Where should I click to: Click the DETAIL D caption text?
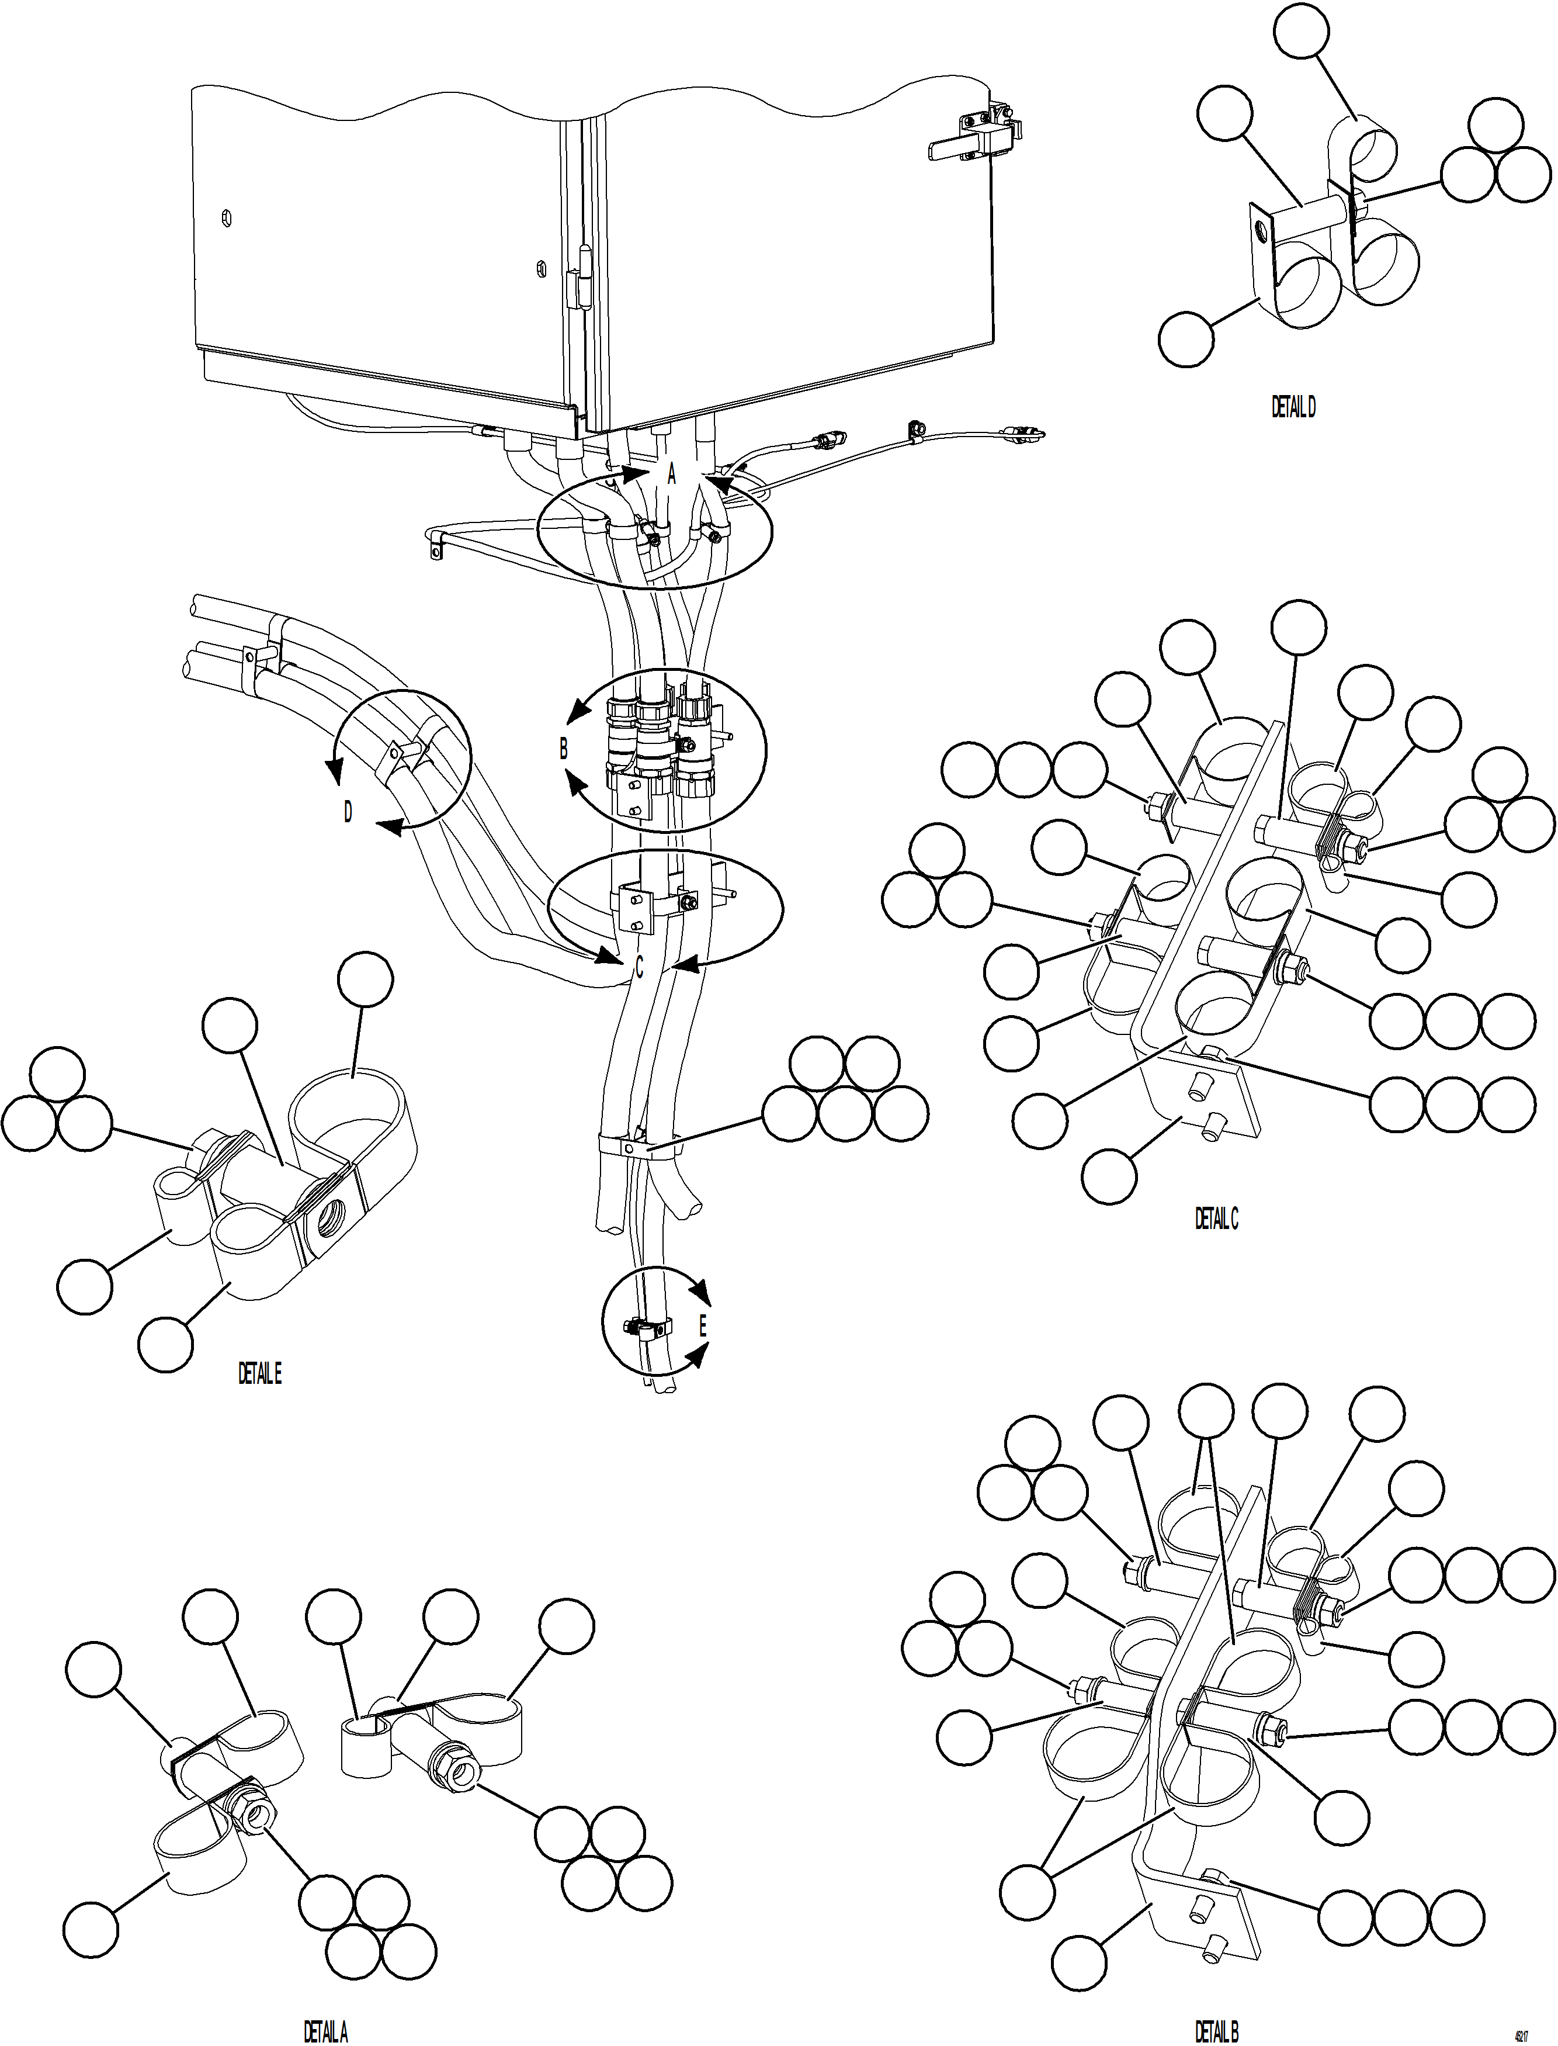click(1293, 407)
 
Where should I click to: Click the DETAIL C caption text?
click(1216, 1218)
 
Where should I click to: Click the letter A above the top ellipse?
click(672, 475)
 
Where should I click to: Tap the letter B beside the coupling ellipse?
click(563, 749)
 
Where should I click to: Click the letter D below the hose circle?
click(348, 812)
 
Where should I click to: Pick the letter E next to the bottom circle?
click(702, 1326)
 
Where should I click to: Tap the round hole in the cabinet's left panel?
click(226, 219)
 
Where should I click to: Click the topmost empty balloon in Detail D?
click(1301, 30)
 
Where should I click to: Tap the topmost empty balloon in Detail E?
click(365, 978)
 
